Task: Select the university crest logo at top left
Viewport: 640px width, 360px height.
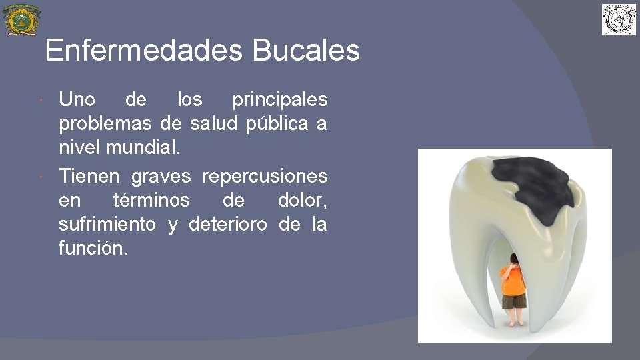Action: point(21,20)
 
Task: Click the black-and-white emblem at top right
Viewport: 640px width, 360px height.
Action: point(619,19)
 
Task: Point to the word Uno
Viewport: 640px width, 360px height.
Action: point(77,100)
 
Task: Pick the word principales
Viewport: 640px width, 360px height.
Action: point(279,101)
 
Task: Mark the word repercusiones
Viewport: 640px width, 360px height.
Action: point(265,177)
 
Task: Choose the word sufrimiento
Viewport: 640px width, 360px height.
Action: point(107,225)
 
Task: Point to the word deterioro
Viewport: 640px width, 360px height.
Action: point(228,225)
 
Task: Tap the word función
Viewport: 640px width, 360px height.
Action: point(91,249)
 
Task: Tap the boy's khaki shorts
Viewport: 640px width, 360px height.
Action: point(514,302)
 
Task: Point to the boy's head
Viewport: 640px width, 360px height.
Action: point(514,261)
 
